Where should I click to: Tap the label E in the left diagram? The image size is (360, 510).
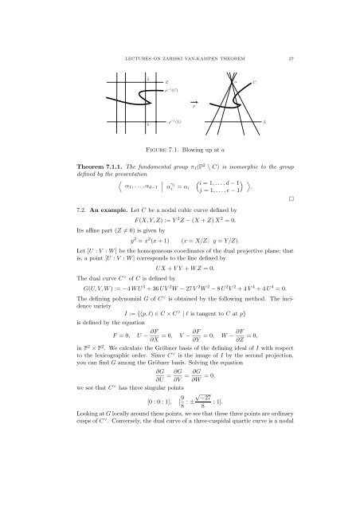click(x=165, y=82)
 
